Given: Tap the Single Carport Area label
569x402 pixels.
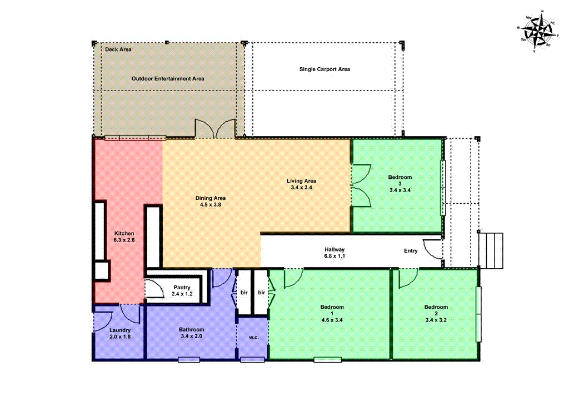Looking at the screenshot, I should (x=325, y=69).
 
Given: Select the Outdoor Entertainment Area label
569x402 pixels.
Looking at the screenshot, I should (x=168, y=79).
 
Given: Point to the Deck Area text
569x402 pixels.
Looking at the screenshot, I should (x=118, y=49).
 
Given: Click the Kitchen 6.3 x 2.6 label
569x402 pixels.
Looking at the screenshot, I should (x=124, y=237).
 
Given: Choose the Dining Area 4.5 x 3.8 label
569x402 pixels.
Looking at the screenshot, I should (x=210, y=201).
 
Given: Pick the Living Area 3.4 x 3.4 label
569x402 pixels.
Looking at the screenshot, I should (x=301, y=184).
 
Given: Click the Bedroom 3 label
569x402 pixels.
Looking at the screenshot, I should (x=400, y=183).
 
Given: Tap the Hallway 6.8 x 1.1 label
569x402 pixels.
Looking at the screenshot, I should (x=335, y=253).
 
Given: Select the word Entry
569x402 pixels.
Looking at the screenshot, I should (x=411, y=251).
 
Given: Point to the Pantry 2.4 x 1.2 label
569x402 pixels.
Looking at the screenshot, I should (x=182, y=290).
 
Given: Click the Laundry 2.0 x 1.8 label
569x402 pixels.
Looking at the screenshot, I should (x=120, y=333).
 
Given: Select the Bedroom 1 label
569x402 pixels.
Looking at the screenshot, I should (x=332, y=313).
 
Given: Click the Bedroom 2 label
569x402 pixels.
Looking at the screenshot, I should (x=436, y=313).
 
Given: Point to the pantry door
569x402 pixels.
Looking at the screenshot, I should (x=154, y=289).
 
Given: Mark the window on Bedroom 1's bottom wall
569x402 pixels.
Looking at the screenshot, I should (x=327, y=360).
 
